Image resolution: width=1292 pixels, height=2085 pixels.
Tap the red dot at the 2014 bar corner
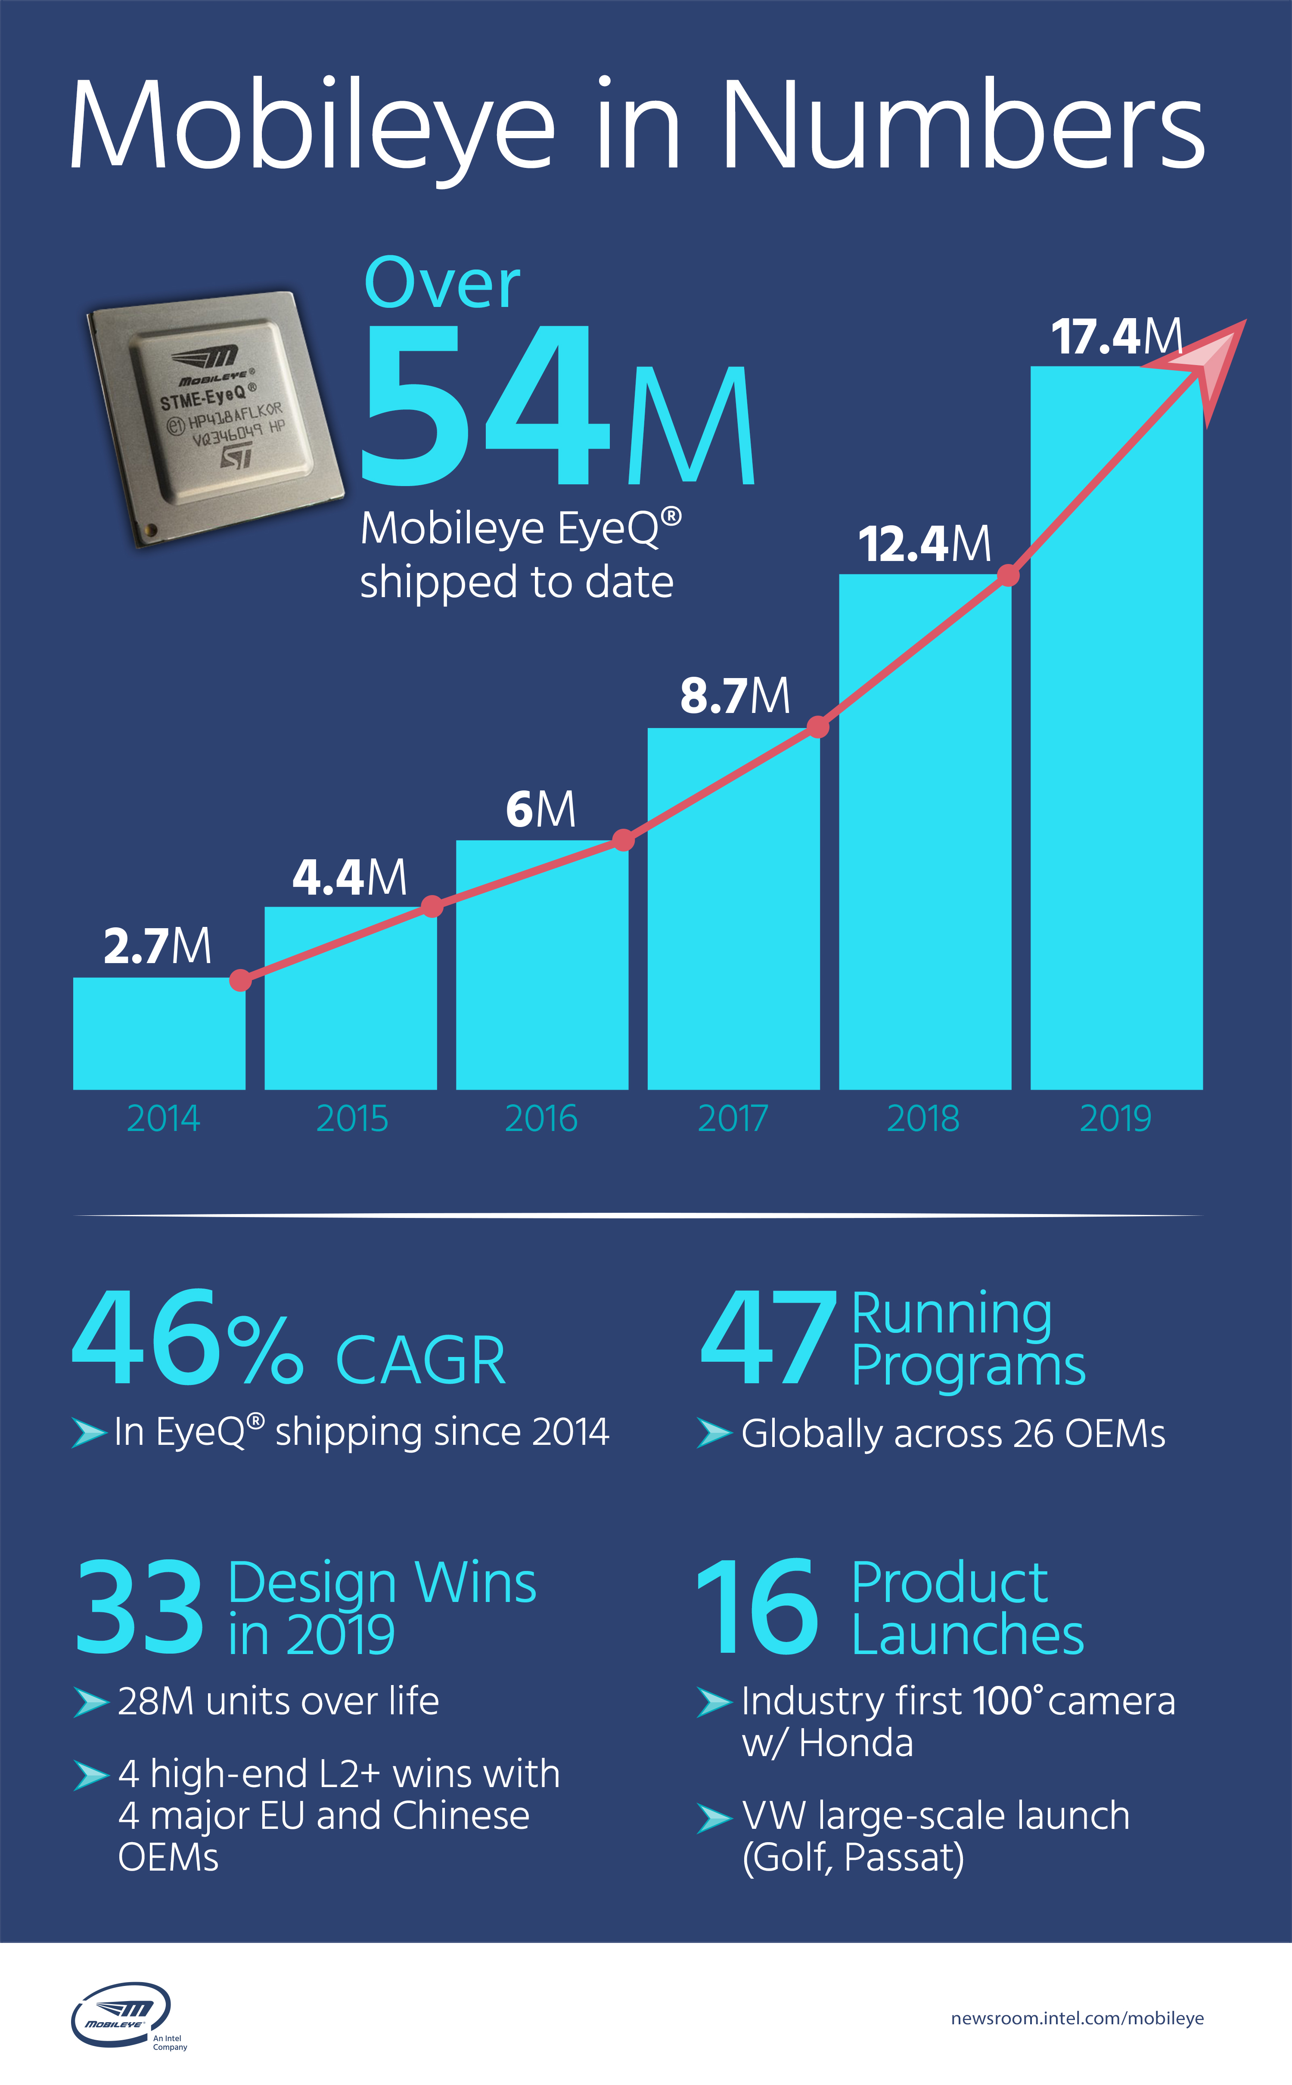pyautogui.click(x=241, y=980)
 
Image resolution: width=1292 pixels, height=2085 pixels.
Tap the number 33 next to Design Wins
pyautogui.click(x=139, y=1606)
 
